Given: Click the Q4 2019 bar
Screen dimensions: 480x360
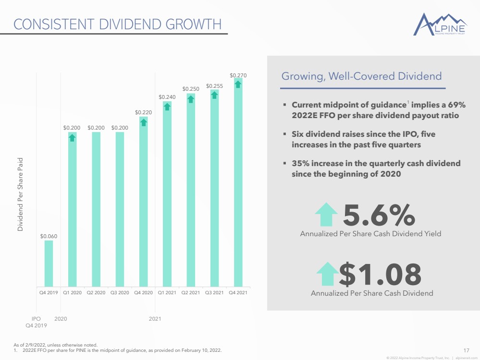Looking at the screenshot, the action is pos(49,264).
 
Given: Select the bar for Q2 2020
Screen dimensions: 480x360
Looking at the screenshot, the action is pos(96,209).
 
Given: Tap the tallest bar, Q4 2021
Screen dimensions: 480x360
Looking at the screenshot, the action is pos(238,182).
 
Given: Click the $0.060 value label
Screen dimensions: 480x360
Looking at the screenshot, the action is pos(49,236).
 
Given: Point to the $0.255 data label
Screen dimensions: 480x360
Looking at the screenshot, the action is pos(215,86).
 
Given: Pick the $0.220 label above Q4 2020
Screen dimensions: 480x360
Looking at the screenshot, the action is pos(144,112).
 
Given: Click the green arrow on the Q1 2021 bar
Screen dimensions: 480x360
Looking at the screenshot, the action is pos(167,107).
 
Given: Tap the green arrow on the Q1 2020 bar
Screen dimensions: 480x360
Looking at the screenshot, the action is pos(72,138).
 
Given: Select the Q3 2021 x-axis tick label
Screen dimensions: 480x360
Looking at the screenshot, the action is pos(214,292).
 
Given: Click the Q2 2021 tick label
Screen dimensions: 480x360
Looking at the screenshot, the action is pos(190,292).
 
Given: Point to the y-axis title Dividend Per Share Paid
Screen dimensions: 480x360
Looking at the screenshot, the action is pos(20,194).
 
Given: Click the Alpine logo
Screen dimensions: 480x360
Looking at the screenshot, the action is pos(440,24).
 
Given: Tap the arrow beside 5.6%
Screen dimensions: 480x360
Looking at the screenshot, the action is pos(326,214).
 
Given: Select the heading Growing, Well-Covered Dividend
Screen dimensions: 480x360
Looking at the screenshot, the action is pos(361,76).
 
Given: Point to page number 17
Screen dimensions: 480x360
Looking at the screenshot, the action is pos(466,350).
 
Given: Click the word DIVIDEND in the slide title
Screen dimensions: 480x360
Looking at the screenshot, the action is pos(130,24).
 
